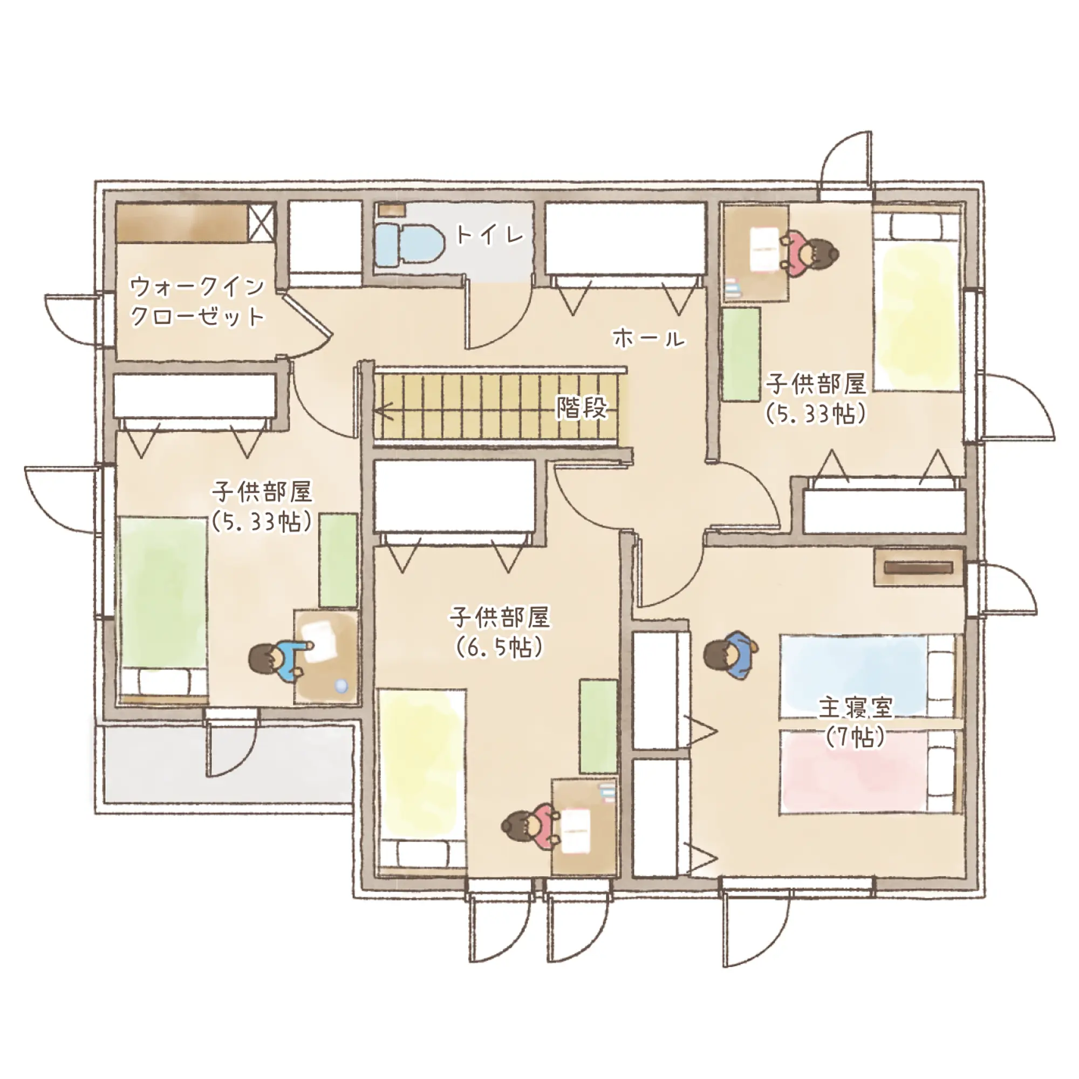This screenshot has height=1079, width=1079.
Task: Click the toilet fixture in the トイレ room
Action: point(409,245)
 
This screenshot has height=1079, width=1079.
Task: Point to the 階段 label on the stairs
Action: point(582,408)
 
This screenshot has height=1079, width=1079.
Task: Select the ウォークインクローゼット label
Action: point(197,302)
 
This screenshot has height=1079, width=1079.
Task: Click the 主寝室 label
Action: point(856,708)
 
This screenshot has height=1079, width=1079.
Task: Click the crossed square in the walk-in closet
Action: point(261,223)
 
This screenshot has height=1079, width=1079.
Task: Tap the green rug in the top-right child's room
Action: point(741,354)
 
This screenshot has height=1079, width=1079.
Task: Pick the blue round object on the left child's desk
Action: point(340,686)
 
